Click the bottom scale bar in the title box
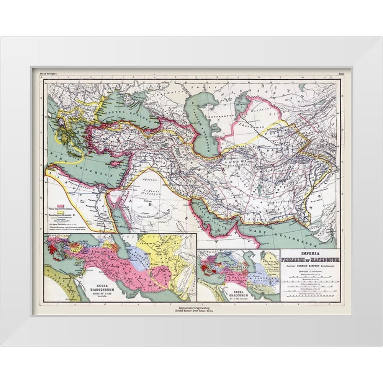pos(309,296)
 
